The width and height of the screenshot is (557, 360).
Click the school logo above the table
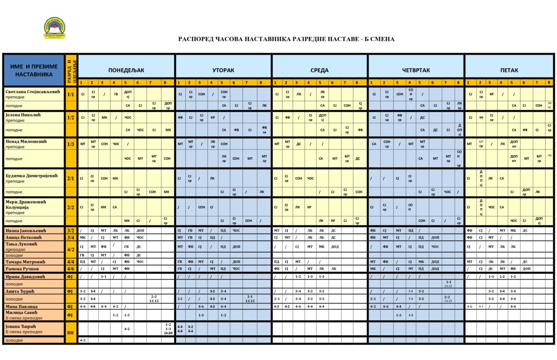pos(54,28)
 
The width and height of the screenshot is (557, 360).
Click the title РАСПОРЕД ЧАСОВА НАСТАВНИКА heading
pos(286,39)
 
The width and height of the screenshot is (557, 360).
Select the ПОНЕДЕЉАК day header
pos(126,70)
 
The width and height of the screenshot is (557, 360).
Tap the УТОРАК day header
pos(223,70)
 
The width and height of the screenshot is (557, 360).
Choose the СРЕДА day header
pos(319,70)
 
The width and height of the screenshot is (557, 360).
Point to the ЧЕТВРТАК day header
pos(416,70)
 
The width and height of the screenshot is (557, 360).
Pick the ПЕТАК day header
pos(509,70)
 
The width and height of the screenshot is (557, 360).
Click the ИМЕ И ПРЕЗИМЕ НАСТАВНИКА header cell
pos(34,70)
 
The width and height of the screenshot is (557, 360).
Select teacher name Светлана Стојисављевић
pos(33,91)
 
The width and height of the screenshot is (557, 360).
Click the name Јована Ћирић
pos(20,326)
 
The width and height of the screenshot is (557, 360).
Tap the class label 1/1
pos(71,94)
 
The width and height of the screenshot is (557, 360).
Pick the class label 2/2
pos(71,207)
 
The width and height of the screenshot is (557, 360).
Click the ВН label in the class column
pos(71,332)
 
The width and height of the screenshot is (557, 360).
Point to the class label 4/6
pos(71,269)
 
